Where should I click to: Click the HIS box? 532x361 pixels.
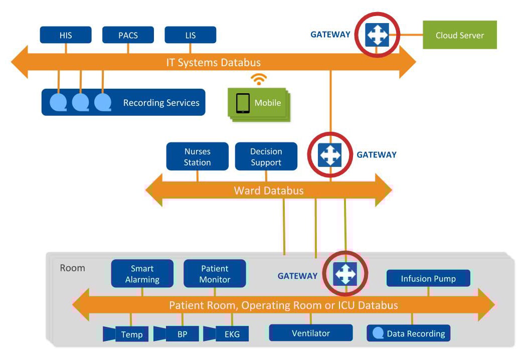coord(66,36)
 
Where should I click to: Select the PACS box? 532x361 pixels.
coord(128,36)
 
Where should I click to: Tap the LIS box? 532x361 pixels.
coord(191,36)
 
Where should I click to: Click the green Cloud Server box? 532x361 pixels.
coord(459,35)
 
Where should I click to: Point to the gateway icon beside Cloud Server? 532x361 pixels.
coord(377,35)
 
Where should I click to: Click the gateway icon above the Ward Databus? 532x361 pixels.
coord(330,155)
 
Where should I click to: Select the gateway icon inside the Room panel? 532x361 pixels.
coord(345,274)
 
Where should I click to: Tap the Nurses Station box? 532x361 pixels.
coord(197,157)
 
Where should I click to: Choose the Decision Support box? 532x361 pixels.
coord(266,157)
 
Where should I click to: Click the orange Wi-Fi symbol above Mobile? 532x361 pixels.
coord(259,79)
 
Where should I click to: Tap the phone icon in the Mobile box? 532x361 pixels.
coord(243,103)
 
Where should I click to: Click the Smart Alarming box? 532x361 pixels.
coord(142,274)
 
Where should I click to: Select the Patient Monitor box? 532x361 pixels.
coord(215,274)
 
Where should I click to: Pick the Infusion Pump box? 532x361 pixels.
coord(428,278)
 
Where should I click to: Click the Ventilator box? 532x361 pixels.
coord(311,333)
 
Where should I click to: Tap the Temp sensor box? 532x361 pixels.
coord(131,334)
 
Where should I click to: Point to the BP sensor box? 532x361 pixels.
coord(182,334)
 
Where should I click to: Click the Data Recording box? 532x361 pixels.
coord(409,333)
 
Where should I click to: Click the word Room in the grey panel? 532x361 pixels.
coord(73,268)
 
